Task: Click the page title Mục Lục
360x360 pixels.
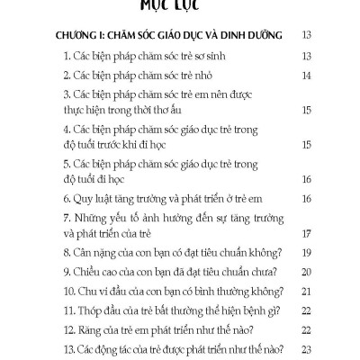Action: pyautogui.click(x=180, y=8)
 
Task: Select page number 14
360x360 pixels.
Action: pyautogui.click(x=307, y=76)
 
